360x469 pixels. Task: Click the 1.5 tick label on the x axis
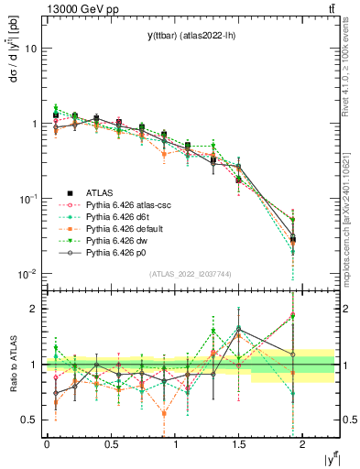pyautogui.click(x=239, y=443)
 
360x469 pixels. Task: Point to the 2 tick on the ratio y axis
pyautogui.click(x=35, y=309)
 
